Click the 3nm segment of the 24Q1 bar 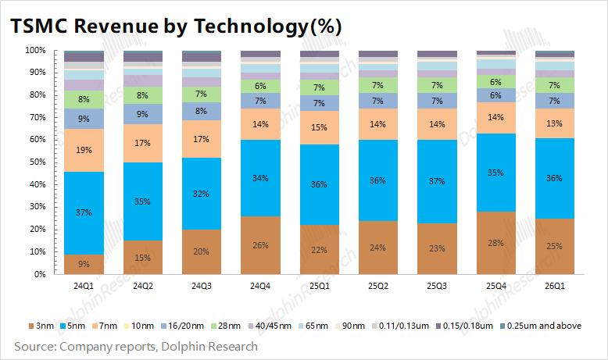pyautogui.click(x=84, y=264)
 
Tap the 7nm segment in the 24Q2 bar pyautogui.click(x=143, y=143)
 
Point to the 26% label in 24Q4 pyautogui.click(x=261, y=245)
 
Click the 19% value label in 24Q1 pyautogui.click(x=84, y=151)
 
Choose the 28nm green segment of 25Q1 pyautogui.click(x=320, y=87)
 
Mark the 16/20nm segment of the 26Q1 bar pyautogui.click(x=555, y=101)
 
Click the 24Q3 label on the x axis pyautogui.click(x=202, y=286)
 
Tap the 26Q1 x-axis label pyautogui.click(x=555, y=286)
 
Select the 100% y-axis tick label pyautogui.click(x=34, y=50)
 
